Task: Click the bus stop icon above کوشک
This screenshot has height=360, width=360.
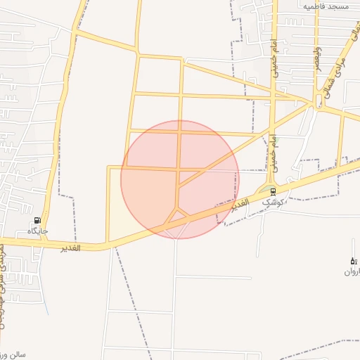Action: (273, 191)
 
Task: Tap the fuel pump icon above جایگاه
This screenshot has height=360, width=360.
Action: (37, 220)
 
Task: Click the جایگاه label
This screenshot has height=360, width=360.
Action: (37, 231)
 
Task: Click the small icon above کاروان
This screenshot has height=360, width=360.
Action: (353, 261)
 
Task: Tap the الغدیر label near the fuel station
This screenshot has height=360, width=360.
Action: (70, 247)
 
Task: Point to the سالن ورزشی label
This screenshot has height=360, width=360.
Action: (13, 354)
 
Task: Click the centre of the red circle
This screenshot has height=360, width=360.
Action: (180, 179)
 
